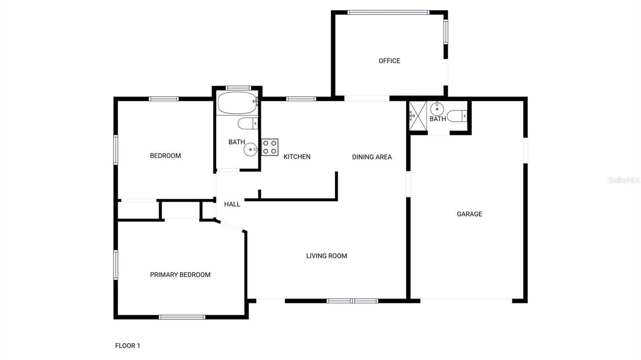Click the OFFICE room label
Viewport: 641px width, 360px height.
pos(389,61)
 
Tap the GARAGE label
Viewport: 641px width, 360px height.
pos(469,214)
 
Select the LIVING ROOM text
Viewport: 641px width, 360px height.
pos(327,256)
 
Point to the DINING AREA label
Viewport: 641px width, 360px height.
pos(372,157)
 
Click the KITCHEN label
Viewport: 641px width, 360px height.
pos(297,157)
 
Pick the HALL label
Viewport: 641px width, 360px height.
pos(232,204)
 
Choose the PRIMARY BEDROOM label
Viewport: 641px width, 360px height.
pos(180,275)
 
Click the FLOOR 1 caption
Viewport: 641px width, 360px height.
pos(127,346)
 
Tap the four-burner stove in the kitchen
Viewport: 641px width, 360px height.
pos(270,147)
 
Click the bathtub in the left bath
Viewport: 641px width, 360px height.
pos(237,103)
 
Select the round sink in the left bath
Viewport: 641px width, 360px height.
pos(250,150)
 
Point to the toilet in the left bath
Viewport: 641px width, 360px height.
pos(247,123)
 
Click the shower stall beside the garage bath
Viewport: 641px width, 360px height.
pos(417,116)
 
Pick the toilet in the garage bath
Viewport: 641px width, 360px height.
pos(457,116)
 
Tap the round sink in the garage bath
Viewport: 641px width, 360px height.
pos(437,108)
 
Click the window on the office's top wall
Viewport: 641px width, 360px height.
pos(388,12)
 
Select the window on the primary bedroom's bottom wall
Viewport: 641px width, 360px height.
pos(182,317)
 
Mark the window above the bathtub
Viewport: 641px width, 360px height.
pos(238,88)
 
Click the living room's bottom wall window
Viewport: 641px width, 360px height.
pos(352,301)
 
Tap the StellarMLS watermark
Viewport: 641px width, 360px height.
pos(623,180)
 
